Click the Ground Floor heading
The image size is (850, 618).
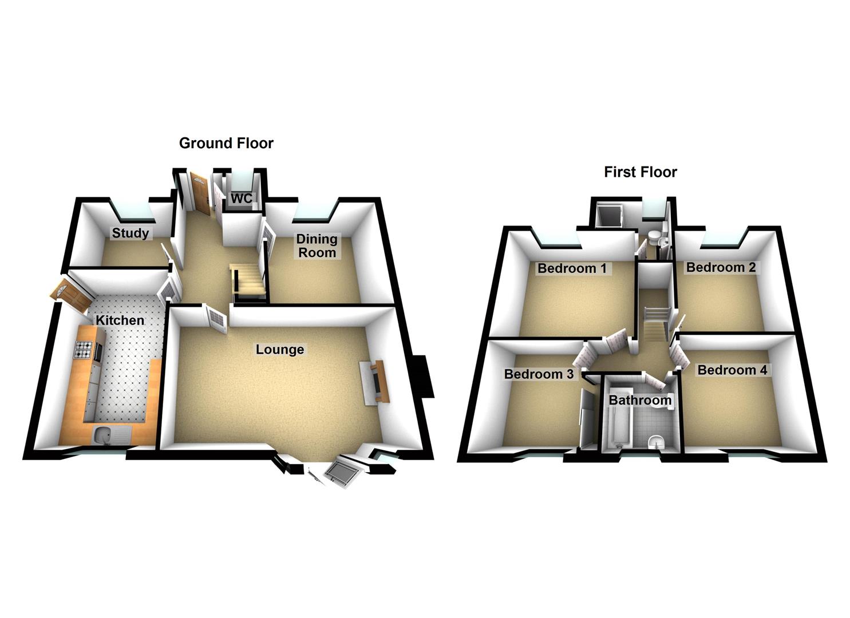[x=226, y=143]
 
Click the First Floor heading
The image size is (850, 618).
[x=640, y=172]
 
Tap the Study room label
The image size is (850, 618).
[x=130, y=233]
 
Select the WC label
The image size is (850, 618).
[x=241, y=199]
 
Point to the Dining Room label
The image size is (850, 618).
[x=317, y=245]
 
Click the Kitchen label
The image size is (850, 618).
[x=120, y=320]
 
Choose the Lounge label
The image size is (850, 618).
[x=280, y=349]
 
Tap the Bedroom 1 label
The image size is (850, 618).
[x=571, y=268]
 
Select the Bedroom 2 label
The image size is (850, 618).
[x=721, y=267]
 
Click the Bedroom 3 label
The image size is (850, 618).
[x=538, y=374]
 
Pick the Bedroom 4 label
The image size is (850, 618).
[x=732, y=370]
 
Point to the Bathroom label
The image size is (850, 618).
[x=639, y=400]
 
